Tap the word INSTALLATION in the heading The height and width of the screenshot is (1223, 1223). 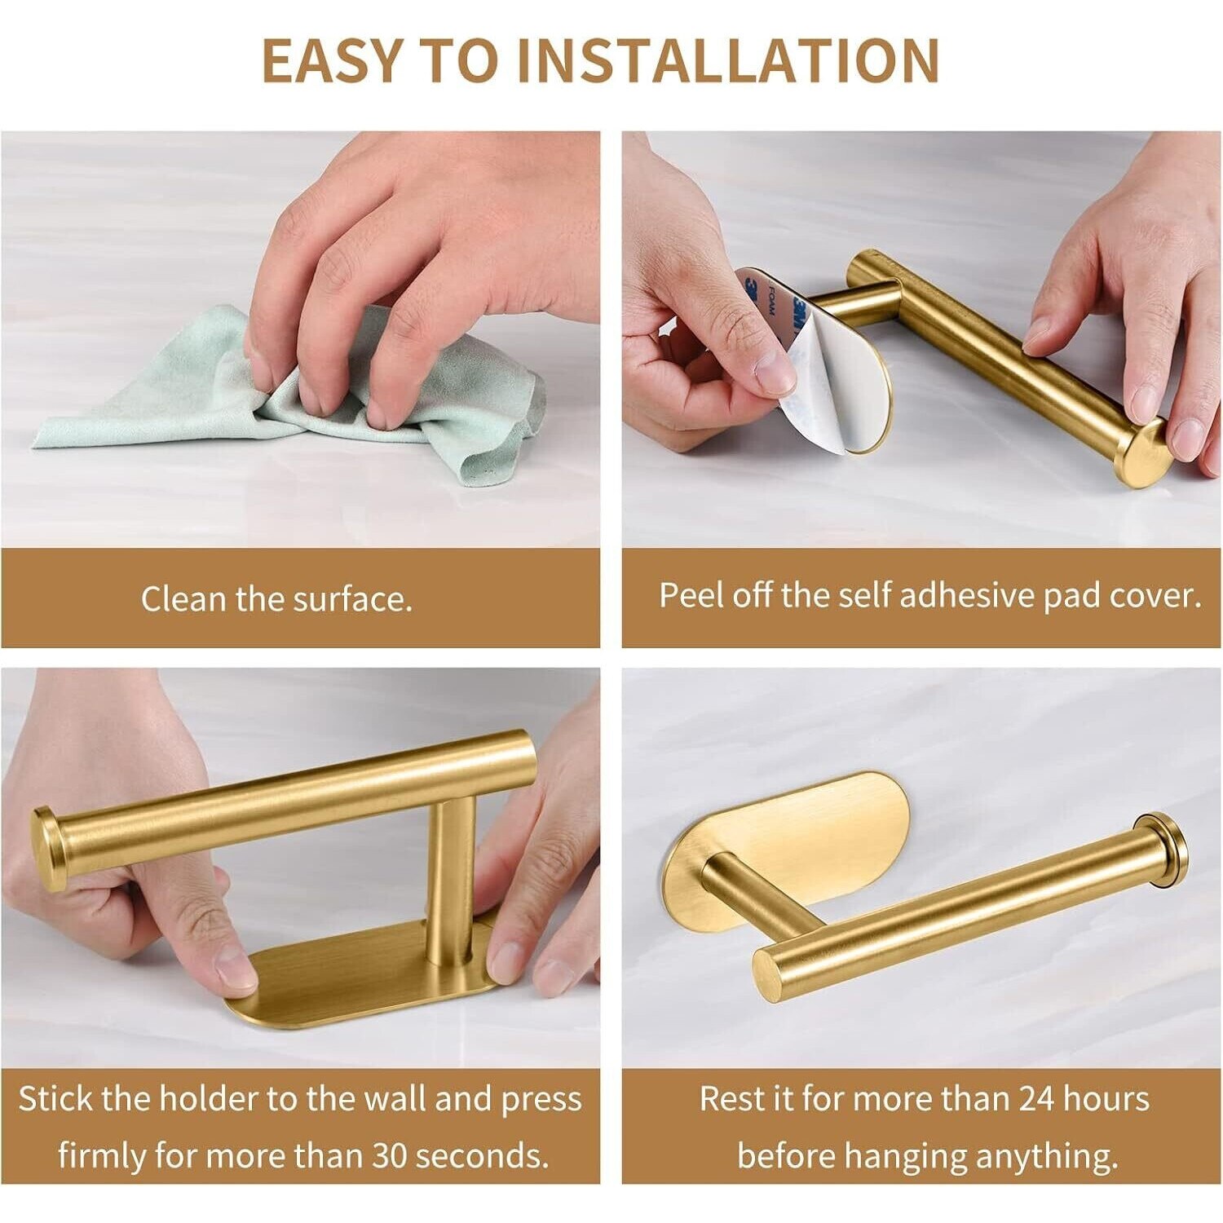[x=728, y=60]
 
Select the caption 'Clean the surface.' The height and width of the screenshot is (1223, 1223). [x=276, y=599]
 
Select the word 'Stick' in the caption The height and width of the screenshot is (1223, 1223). [x=56, y=1098]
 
